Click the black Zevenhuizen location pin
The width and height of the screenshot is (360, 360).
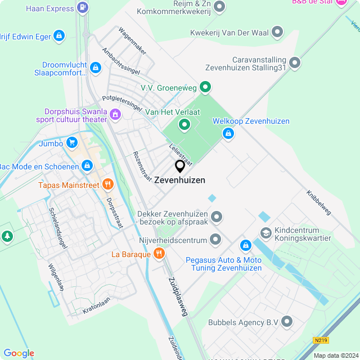click(180, 166)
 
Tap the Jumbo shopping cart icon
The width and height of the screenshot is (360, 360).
click(71, 143)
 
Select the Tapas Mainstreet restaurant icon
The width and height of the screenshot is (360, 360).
click(108, 184)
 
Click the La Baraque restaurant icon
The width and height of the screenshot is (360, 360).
click(159, 254)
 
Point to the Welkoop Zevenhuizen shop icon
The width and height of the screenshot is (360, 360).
click(228, 133)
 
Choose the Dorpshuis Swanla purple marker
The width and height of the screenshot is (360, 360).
click(115, 115)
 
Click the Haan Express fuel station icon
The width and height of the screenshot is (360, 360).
click(83, 8)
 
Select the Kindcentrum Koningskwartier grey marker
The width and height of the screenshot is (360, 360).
click(265, 232)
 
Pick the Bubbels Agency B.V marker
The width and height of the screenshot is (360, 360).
click(287, 322)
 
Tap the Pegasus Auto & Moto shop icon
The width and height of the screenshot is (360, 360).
click(245, 246)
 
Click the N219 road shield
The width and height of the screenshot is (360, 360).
click(321, 340)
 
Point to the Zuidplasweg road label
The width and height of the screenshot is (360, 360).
click(177, 295)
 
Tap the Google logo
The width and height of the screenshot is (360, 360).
click(19, 353)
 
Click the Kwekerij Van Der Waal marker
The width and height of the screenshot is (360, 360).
click(277, 33)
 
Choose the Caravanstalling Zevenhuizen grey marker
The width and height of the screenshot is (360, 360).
click(295, 63)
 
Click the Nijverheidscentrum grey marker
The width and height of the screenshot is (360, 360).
click(215, 240)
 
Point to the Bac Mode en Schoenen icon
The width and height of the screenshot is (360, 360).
click(87, 166)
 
